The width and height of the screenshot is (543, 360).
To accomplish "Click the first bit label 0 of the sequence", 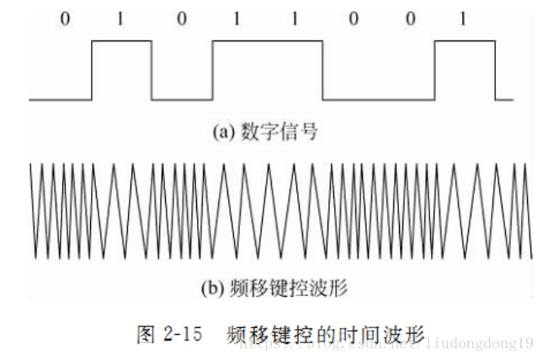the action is pos(65,17).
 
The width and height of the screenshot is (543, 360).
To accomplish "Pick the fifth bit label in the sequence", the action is pos(294,17).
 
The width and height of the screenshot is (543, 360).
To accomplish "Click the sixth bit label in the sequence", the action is pos(353,17).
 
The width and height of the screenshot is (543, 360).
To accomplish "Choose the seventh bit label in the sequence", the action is pos(410,17).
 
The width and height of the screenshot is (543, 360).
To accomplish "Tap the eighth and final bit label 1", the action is pos(463,17).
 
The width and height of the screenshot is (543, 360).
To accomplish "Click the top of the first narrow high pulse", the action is pos(121,40).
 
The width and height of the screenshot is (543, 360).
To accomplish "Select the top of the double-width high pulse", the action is pos(268,40).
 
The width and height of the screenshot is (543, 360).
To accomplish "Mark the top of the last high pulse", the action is pos(465,40).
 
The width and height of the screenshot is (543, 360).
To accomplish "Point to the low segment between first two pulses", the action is pos(182,99).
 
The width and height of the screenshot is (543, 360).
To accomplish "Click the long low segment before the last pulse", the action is pos(380,99).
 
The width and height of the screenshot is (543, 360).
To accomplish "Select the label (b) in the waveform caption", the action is pos(211,289).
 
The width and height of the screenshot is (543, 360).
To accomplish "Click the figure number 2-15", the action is pos(183,334).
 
